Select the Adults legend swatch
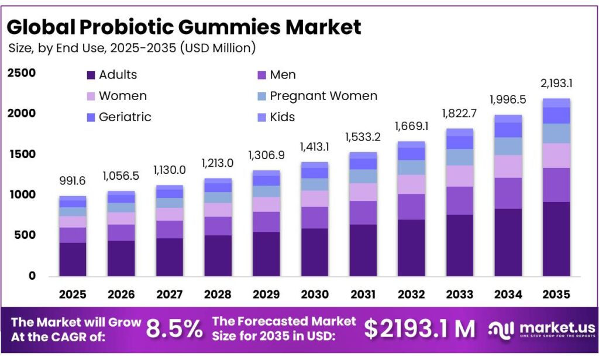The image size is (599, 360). tap(91, 75)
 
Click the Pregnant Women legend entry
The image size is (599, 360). tap(323, 95)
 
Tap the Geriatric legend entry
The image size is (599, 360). tap(125, 116)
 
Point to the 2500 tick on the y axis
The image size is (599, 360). tap(22, 73)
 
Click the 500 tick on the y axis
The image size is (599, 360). tap(24, 235)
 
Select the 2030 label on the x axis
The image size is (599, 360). tap(315, 294)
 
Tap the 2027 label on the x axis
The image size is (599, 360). tap(170, 294)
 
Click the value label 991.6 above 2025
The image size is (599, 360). tap(73, 181)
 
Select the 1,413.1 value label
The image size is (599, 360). tap(315, 146)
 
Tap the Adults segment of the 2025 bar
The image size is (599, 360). tap(73, 259)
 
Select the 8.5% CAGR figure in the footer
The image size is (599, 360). tap(174, 329)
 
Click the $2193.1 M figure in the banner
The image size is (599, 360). tap(419, 329)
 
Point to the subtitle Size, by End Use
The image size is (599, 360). tap(132, 48)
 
